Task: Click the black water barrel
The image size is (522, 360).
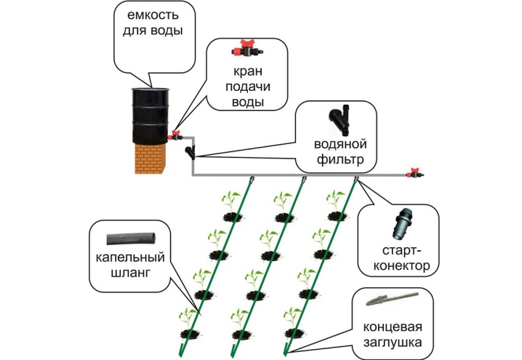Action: pyautogui.click(x=150, y=116)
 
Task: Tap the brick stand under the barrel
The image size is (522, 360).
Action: pyautogui.click(x=150, y=159)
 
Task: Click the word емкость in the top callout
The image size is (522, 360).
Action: pyautogui.click(x=153, y=15)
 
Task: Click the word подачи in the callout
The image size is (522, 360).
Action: pyautogui.click(x=248, y=87)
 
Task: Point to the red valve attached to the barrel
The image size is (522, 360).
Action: pyautogui.click(x=175, y=135)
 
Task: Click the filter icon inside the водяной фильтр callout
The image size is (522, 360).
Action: pyautogui.click(x=340, y=120)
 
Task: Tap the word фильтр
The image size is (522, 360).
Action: pyautogui.click(x=340, y=160)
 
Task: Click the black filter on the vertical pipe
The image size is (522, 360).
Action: pyautogui.click(x=190, y=152)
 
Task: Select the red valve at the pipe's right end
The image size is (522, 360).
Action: pyautogui.click(x=414, y=172)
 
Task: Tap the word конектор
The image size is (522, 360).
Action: pyautogui.click(x=401, y=265)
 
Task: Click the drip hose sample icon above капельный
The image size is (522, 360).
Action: pyautogui.click(x=131, y=239)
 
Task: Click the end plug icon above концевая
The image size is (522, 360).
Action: pyautogui.click(x=391, y=298)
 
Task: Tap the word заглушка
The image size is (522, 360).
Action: pyautogui.click(x=393, y=343)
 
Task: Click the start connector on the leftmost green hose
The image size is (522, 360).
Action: pyautogui.click(x=252, y=180)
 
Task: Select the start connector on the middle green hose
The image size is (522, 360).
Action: pyautogui.click(x=304, y=180)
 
